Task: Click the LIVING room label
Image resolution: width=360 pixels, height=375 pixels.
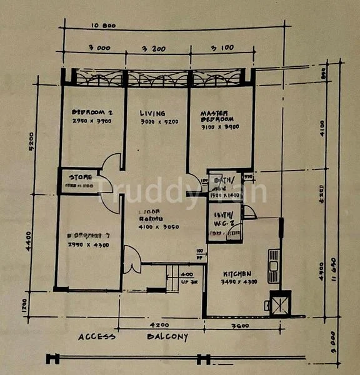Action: pyautogui.click(x=152, y=113)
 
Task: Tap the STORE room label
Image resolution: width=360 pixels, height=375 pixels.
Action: pyautogui.click(x=81, y=177)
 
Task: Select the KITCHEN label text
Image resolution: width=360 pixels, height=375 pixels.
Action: pyautogui.click(x=237, y=274)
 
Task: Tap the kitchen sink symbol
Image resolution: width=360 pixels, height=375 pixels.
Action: pyautogui.click(x=273, y=261)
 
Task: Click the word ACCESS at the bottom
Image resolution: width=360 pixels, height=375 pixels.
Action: pyautogui.click(x=97, y=337)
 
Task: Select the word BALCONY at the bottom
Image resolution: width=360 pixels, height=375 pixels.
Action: pyautogui.click(x=167, y=337)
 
